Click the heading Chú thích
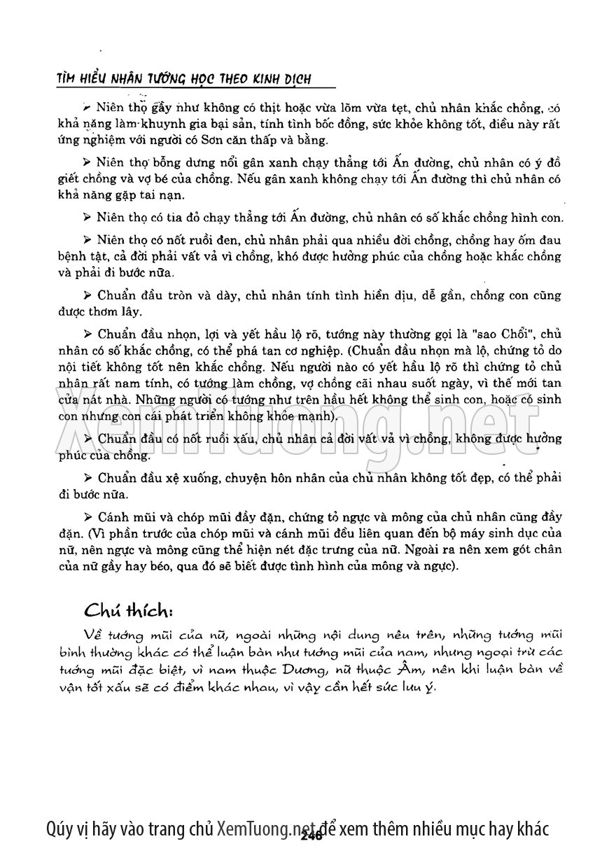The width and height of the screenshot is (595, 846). (128, 609)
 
